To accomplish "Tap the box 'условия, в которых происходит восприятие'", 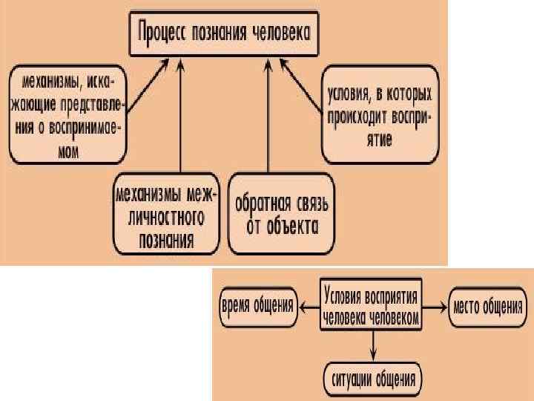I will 380,116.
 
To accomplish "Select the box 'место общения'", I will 487,306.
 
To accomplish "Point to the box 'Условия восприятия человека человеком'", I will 372,306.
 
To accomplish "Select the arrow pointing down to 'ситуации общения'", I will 373,344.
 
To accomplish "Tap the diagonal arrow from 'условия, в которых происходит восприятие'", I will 303,86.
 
